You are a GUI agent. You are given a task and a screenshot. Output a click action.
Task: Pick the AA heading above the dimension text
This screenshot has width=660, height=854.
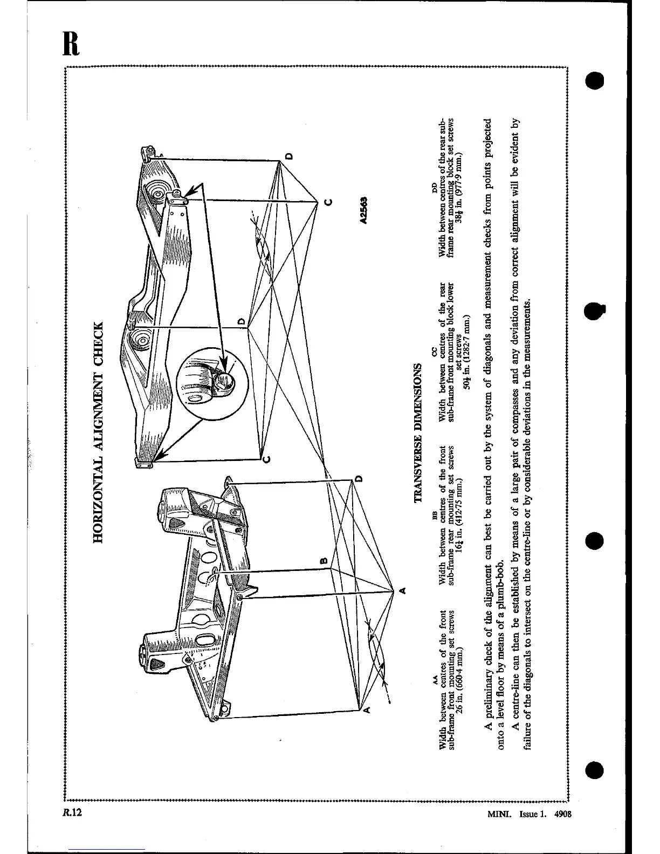click(436, 680)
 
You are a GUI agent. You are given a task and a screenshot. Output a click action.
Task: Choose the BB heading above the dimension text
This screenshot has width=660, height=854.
click(436, 516)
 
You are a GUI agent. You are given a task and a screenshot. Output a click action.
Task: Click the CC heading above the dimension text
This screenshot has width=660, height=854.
click(436, 351)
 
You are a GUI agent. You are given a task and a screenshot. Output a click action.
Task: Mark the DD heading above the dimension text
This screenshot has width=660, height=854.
click(436, 188)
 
